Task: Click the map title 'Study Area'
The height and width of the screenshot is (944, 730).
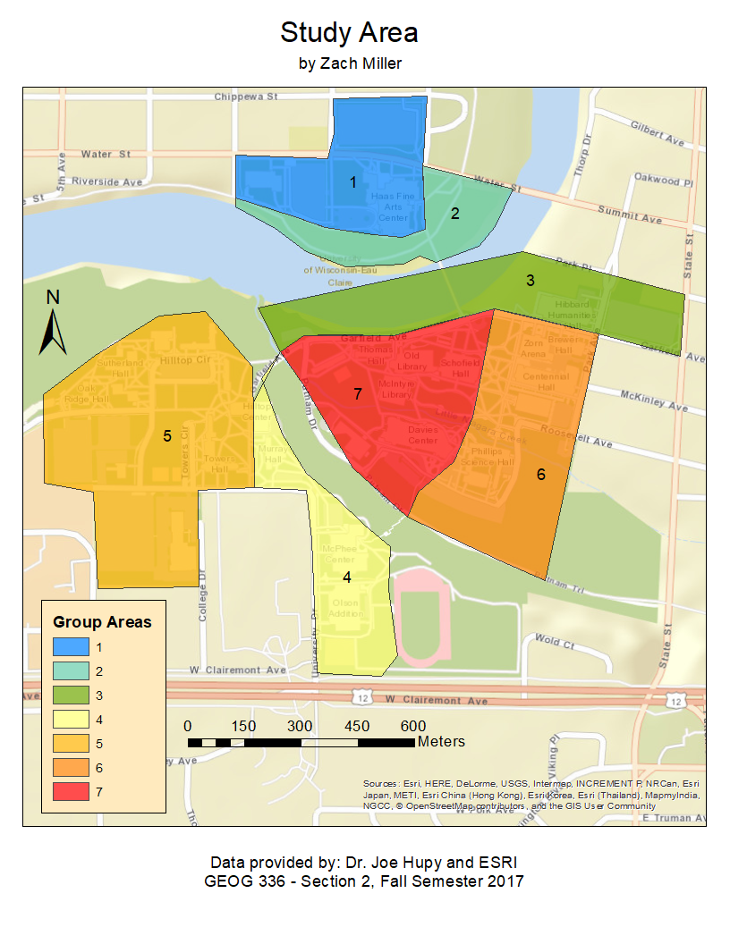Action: tap(349, 33)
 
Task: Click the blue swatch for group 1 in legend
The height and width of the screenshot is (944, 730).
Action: tap(71, 645)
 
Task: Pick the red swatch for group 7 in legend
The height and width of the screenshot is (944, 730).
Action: tap(71, 791)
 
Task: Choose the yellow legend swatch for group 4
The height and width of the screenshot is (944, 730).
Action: tap(71, 719)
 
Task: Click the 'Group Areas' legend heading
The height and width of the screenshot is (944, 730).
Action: tap(102, 621)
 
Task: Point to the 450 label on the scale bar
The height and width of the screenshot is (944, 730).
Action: tap(357, 726)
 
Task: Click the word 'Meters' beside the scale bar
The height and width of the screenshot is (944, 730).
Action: tap(441, 742)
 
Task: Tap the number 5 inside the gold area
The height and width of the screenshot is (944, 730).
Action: tap(167, 436)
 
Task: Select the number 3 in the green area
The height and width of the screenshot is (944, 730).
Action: tap(531, 281)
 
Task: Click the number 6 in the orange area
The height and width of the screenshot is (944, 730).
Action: tap(541, 475)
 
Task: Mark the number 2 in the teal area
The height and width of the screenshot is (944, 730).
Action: tap(455, 214)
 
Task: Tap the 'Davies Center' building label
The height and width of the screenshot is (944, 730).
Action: tap(422, 434)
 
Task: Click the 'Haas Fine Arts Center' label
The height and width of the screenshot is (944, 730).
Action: tap(393, 206)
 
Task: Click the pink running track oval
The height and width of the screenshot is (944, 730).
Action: tap(420, 616)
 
